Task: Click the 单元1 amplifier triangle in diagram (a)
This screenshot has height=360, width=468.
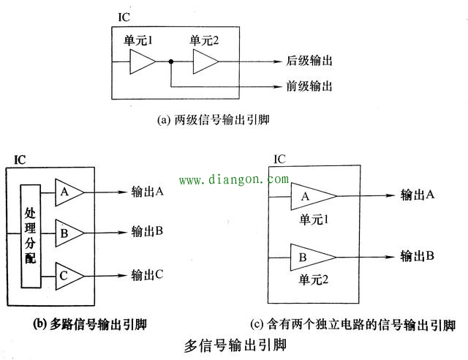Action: pyautogui.click(x=141, y=64)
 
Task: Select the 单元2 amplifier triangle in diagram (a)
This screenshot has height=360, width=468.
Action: pyautogui.click(x=205, y=64)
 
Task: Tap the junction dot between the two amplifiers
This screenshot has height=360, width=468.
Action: pyautogui.click(x=170, y=64)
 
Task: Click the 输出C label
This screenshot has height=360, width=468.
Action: pyautogui.click(x=146, y=275)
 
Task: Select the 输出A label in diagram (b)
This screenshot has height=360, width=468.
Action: pyautogui.click(x=146, y=192)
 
